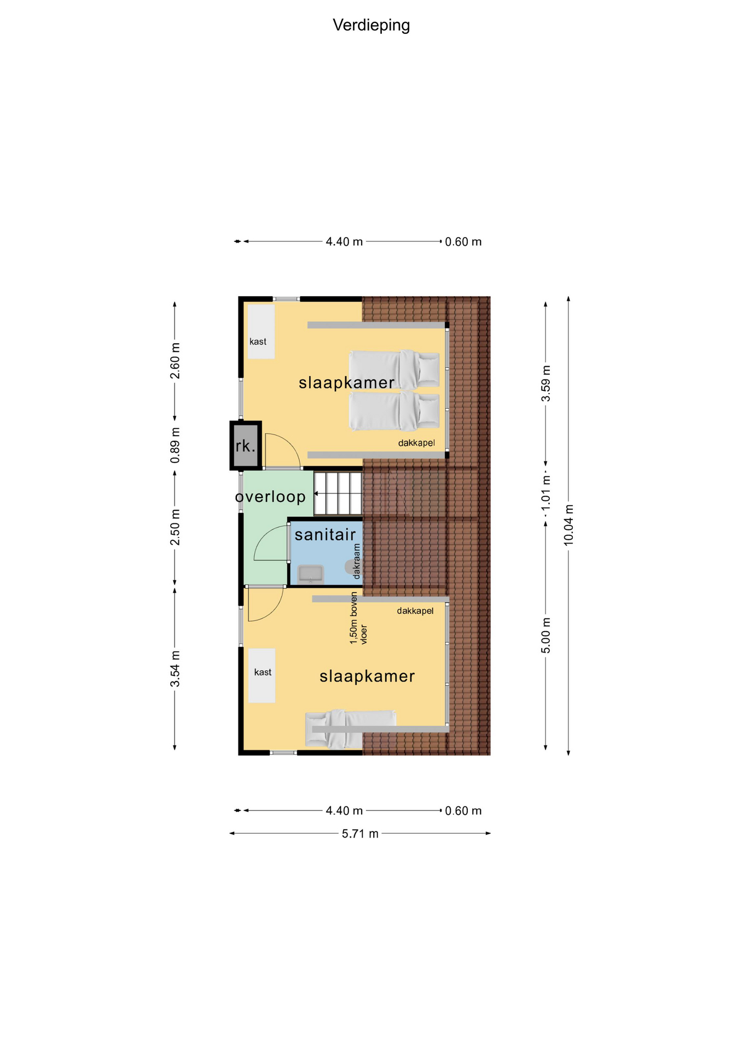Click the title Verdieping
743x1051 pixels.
coord(371,26)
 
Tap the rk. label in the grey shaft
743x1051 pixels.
coord(246,446)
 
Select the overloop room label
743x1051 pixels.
coord(270,496)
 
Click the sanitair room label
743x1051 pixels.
coord(325,534)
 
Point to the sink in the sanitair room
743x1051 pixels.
coord(310,575)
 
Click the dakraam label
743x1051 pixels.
coord(357,561)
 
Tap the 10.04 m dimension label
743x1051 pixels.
coord(569,524)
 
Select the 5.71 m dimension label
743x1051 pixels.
coord(360,834)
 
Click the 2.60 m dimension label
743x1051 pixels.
coord(175,361)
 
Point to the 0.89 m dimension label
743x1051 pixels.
coord(175,446)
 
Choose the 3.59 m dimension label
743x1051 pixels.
coord(546,383)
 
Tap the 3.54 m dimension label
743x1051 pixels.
coord(175,669)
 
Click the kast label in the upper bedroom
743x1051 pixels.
coord(258,342)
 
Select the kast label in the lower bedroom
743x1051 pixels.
coord(263,672)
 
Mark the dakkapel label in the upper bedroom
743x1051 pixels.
coord(416,443)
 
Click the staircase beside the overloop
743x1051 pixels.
coord(338,494)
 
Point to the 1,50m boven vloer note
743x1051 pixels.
coord(358,617)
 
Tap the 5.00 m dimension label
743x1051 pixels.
coord(546,635)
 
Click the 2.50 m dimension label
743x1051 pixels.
coord(175,527)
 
